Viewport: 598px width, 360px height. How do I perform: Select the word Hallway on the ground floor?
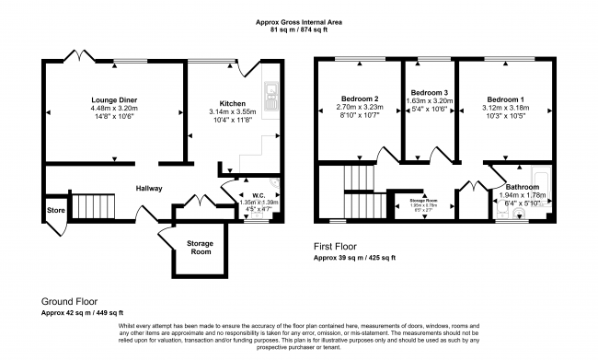click(x=149, y=189)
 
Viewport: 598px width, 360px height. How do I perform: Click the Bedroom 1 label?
click(x=506, y=99)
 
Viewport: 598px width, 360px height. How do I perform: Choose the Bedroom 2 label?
click(x=358, y=99)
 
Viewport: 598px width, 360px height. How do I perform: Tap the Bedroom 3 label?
click(x=430, y=93)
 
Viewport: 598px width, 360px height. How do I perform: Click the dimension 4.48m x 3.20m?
click(x=114, y=108)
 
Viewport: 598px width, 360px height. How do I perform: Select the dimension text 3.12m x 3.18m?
click(x=506, y=108)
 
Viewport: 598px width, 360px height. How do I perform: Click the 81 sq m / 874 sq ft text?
click(x=298, y=29)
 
